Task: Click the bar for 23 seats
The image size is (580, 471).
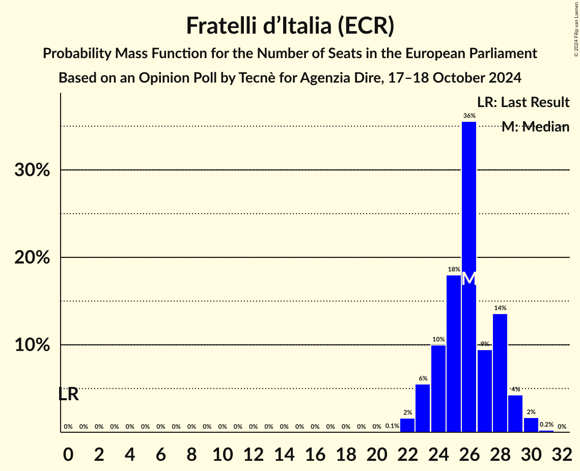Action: coord(423,408)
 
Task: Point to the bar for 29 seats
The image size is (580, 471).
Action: coord(515,413)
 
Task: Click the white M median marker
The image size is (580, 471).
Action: coord(469,279)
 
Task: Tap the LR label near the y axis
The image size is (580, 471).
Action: coord(68,394)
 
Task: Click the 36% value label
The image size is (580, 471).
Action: coord(469,116)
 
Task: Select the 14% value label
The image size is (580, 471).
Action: coord(500,308)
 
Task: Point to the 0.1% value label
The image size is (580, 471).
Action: coord(392,426)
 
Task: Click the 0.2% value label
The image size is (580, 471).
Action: coord(546,425)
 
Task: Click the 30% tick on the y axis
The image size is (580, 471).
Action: coord(32,170)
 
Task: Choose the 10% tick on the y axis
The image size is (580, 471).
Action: coord(32,345)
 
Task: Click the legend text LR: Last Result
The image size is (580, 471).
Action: coord(523,102)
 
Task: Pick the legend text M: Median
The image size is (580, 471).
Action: coord(535,127)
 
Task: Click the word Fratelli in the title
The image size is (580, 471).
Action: coord(222,25)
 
